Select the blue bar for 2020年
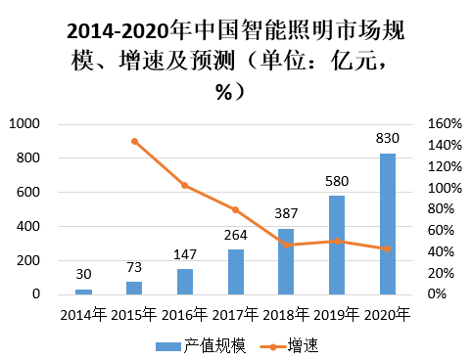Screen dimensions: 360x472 [x=388, y=224]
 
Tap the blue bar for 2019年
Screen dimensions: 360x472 [x=337, y=245]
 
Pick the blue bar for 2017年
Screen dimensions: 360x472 [x=236, y=271]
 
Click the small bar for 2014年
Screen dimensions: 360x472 [x=83, y=291]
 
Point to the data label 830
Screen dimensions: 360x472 [x=388, y=140]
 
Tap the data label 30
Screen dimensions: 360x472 [x=83, y=276]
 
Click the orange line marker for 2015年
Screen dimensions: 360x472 [x=134, y=142]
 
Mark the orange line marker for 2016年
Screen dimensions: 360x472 [x=185, y=185]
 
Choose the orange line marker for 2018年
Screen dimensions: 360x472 [x=286, y=245]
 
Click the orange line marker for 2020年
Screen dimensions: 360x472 [x=388, y=248]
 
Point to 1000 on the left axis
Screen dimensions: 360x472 [x=24, y=124]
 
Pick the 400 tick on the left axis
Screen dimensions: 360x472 [x=28, y=226]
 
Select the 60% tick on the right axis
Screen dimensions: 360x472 [x=441, y=231]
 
